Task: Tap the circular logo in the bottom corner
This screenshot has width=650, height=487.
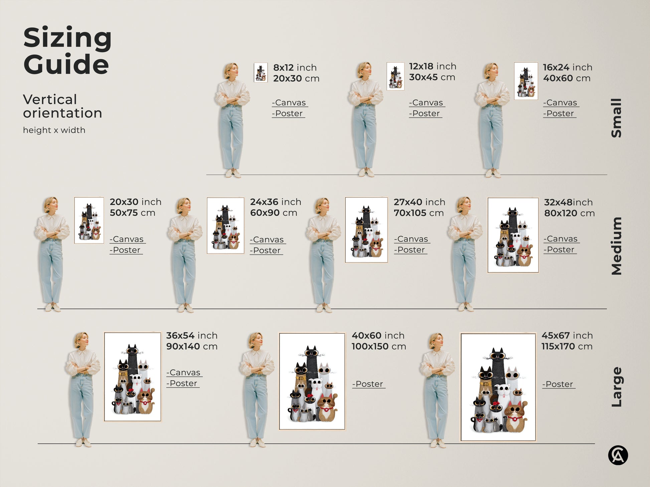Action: click(x=618, y=455)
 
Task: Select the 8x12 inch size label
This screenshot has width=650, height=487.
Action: click(x=295, y=67)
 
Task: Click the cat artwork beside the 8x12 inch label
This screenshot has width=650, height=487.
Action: click(x=261, y=72)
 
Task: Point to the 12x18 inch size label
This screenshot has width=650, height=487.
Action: click(x=433, y=66)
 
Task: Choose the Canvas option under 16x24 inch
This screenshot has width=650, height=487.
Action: click(x=561, y=103)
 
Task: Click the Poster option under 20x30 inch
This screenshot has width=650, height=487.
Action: click(x=126, y=250)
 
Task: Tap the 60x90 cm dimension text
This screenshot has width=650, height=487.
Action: click(x=274, y=213)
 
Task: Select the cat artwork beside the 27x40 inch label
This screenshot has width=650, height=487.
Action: click(x=366, y=230)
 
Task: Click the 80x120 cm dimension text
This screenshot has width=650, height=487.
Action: click(x=570, y=213)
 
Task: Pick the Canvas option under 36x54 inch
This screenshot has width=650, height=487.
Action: click(x=184, y=373)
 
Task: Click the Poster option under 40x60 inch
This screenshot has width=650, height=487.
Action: click(x=369, y=384)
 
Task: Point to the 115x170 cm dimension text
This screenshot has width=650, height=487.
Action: click(x=567, y=346)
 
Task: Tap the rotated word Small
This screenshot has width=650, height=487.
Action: click(x=617, y=118)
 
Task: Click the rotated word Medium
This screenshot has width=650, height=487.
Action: click(x=617, y=246)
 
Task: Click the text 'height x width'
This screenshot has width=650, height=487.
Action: click(x=54, y=130)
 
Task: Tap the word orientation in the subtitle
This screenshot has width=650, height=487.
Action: click(x=62, y=113)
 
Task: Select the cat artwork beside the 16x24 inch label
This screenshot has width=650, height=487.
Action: click(x=526, y=81)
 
